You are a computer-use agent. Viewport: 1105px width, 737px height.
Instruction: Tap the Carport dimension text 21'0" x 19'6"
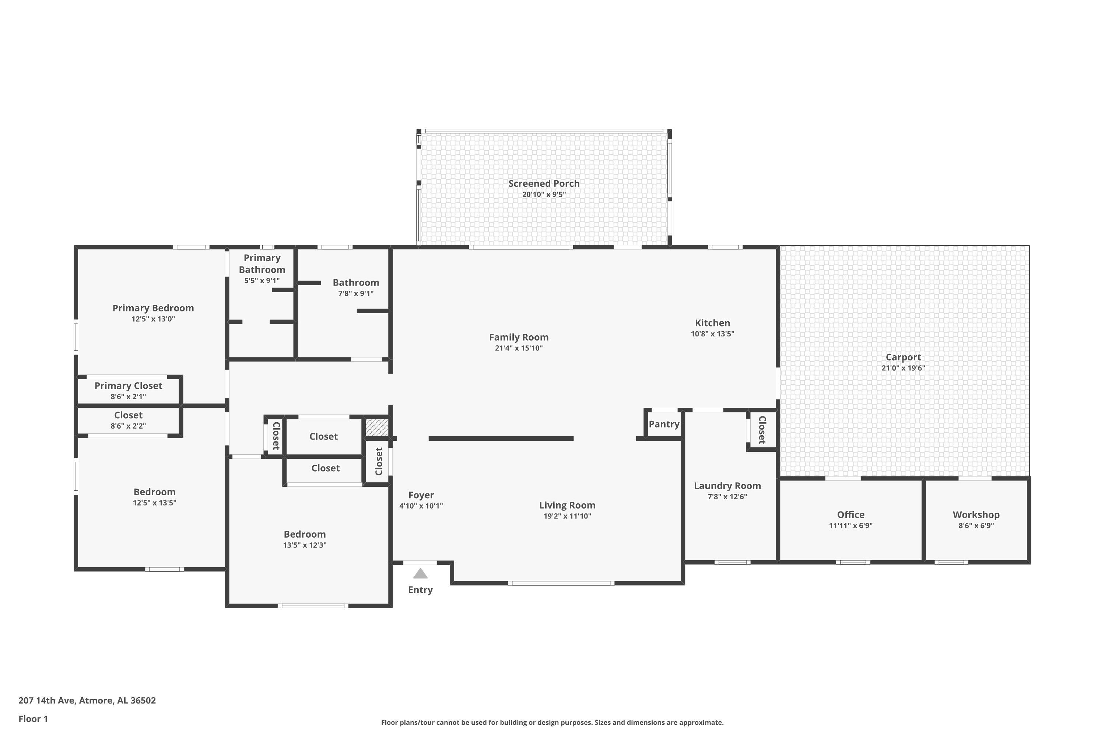pyautogui.click(x=903, y=368)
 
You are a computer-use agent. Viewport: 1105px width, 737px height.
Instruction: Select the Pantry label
pyautogui.click(x=664, y=425)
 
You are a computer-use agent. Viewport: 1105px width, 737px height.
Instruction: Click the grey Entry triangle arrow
pyautogui.click(x=420, y=573)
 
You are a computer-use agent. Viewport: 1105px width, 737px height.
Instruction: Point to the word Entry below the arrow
pyautogui.click(x=420, y=590)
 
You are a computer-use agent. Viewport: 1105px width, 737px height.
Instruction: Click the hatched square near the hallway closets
pyautogui.click(x=377, y=427)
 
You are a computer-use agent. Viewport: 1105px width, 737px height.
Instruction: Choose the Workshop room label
pyautogui.click(x=976, y=515)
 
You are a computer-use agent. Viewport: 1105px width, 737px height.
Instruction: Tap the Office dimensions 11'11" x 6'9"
pyautogui.click(x=850, y=525)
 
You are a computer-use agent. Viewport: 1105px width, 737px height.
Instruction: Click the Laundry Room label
pyautogui.click(x=727, y=486)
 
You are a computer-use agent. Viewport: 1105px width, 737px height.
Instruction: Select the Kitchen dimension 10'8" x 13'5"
pyautogui.click(x=712, y=334)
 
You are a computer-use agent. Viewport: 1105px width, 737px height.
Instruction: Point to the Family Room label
pyautogui.click(x=519, y=338)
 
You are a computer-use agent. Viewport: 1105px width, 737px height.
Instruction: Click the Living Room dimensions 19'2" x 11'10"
pyautogui.click(x=567, y=516)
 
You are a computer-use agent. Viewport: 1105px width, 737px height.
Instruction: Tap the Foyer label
pyautogui.click(x=421, y=495)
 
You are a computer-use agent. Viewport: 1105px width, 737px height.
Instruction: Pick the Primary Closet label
pyautogui.click(x=128, y=386)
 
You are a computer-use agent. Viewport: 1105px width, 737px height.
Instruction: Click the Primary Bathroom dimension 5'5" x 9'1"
pyautogui.click(x=262, y=280)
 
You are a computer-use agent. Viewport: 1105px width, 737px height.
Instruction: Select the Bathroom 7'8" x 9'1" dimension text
pyautogui.click(x=356, y=293)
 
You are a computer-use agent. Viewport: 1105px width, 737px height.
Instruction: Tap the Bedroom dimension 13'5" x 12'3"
pyautogui.click(x=305, y=545)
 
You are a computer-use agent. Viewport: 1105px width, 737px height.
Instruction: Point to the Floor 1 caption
pyautogui.click(x=33, y=719)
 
